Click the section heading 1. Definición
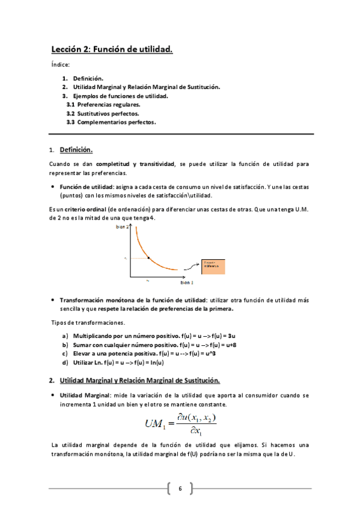pos(75,150)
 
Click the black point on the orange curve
pos(148,258)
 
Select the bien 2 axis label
pos(123,227)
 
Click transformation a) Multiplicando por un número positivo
pos(125,336)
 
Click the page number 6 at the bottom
pos(179,488)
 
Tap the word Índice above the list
pos(60,64)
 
